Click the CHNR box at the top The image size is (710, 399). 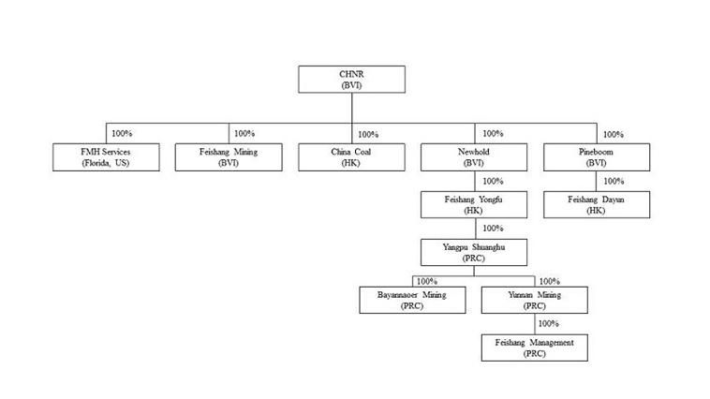pos(351,79)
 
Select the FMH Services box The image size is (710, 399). pos(105,156)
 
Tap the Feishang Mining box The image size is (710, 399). pos(229,156)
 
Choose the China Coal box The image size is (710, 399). pos(351,156)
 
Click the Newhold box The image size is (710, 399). pos(474,156)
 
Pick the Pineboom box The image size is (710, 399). pos(597,156)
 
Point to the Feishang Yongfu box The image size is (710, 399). pos(474,204)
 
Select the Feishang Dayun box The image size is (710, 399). pos(597,204)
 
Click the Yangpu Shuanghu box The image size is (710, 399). pos(474,251)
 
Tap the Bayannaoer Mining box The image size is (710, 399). pos(413,299)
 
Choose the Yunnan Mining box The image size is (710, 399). pos(535,299)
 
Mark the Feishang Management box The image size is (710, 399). pos(535,347)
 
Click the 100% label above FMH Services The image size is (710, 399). pos(122,133)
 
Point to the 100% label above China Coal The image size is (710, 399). pos(368,134)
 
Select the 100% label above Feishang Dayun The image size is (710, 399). pos(614,181)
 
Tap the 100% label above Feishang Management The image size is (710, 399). pos(549,323)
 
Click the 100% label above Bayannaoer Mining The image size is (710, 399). pos(427,280)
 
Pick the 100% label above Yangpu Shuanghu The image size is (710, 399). pos(491,228)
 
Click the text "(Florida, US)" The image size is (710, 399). pos(105,163)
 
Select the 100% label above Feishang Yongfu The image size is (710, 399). pos(492,181)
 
